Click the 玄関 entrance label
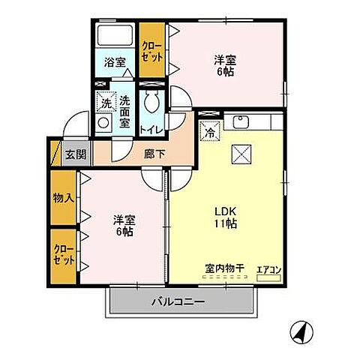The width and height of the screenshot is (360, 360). tap(75, 154)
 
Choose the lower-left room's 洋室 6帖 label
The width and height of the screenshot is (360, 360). tap(124, 226)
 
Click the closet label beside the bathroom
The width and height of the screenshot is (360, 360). tap(151, 50)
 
